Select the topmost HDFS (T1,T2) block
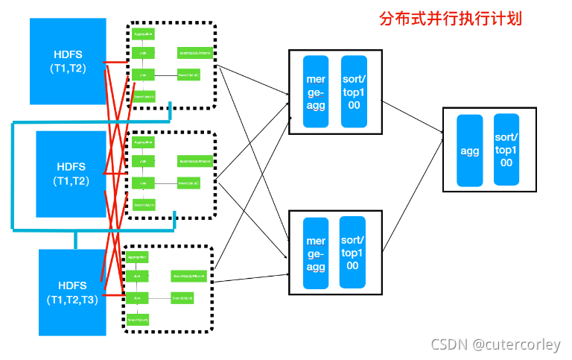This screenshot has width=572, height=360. tap(67, 61)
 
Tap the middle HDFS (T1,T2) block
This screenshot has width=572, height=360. tap(71, 174)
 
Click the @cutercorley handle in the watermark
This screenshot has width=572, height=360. tap(515, 344)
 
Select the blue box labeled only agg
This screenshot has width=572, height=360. tap(469, 151)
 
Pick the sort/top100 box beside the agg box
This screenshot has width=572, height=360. tap(506, 150)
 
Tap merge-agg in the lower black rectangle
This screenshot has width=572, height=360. tap(316, 253)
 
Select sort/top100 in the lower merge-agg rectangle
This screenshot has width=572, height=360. tap(352, 253)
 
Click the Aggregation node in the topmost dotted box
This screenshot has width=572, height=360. tap(143, 34)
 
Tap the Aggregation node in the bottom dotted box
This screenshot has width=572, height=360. tap(137, 256)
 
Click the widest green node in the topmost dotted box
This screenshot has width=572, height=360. tap(195, 54)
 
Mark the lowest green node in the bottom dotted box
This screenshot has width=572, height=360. tap(137, 320)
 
